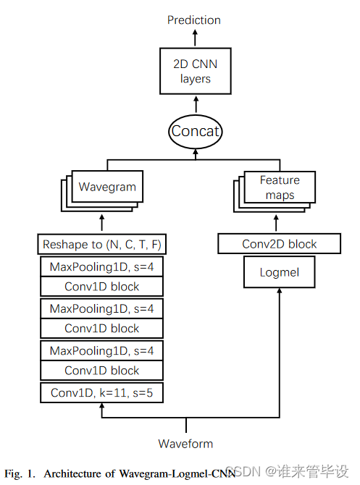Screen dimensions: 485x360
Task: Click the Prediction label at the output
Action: click(194, 20)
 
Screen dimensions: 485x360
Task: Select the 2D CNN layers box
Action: click(195, 71)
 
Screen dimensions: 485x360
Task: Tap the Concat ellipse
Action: click(195, 132)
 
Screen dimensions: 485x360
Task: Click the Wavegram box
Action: click(107, 187)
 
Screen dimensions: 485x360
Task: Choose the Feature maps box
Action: click(279, 187)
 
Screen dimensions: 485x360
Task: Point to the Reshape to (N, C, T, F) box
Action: click(101, 245)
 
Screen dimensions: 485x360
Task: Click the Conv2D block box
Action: click(279, 245)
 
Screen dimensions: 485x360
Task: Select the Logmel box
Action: click(279, 273)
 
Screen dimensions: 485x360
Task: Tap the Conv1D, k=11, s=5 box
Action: click(101, 393)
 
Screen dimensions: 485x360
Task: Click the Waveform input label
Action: click(186, 443)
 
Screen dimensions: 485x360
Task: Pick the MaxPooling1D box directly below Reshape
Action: click(101, 267)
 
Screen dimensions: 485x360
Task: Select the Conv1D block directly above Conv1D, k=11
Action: click(101, 370)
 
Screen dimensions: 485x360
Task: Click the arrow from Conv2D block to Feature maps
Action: click(279, 219)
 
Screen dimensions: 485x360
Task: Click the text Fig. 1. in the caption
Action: click(20, 473)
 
